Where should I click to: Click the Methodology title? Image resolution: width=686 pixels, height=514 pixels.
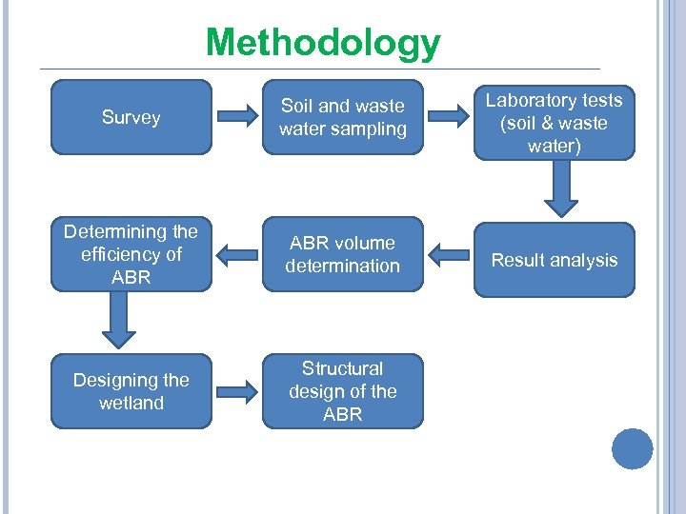tap(323, 43)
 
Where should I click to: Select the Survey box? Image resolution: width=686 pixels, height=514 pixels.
tap(131, 117)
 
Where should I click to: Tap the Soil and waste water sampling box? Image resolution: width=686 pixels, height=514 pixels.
tap(342, 117)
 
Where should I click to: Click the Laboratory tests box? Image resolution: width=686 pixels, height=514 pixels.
tap(554, 123)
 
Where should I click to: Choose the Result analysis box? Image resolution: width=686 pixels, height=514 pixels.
tap(554, 260)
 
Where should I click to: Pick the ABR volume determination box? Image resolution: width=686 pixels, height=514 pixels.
tap(342, 254)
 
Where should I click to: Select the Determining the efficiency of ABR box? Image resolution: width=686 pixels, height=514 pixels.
tap(131, 254)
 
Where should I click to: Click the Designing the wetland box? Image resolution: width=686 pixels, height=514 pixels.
tap(131, 391)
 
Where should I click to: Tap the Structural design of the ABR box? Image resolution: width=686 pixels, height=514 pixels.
tap(342, 391)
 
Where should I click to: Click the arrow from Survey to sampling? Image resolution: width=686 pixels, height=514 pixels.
tap(236, 117)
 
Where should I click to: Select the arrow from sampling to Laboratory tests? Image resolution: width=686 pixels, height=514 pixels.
tap(449, 117)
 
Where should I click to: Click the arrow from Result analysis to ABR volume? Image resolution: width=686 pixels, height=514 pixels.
tap(449, 254)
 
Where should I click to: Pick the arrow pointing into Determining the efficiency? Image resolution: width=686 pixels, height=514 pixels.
tap(236, 254)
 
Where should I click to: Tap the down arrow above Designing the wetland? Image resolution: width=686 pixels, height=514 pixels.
tap(119, 321)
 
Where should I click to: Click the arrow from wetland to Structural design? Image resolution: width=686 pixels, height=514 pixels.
tap(236, 390)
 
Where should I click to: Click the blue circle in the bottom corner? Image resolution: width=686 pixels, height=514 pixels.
tap(633, 449)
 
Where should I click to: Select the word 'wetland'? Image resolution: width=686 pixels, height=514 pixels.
tap(131, 404)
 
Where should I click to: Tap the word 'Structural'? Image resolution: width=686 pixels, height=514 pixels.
tap(342, 368)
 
